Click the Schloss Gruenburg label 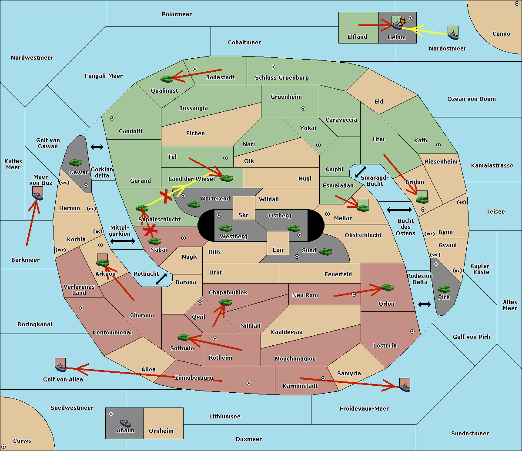click(x=281, y=77)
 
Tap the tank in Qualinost click(x=167, y=79)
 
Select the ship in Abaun click(x=125, y=422)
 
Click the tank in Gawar click(x=76, y=162)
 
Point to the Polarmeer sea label click(x=177, y=14)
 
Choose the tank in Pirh click(x=444, y=289)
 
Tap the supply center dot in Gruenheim click(x=303, y=109)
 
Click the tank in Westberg click(x=225, y=228)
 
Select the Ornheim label click(x=161, y=431)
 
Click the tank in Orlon click(x=387, y=287)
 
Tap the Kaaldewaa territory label click(x=287, y=332)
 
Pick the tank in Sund click(x=325, y=252)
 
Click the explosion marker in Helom click(x=402, y=22)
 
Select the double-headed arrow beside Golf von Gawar click(x=97, y=147)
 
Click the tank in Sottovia click(x=184, y=337)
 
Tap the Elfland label click(x=357, y=37)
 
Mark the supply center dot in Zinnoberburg click(x=249, y=383)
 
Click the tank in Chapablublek click(x=225, y=302)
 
